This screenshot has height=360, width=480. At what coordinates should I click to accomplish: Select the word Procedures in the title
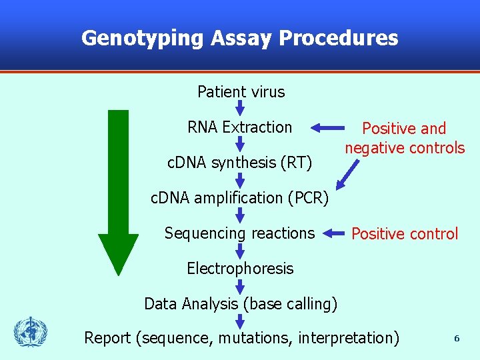(x=338, y=38)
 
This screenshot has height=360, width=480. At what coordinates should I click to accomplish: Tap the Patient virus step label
(x=241, y=92)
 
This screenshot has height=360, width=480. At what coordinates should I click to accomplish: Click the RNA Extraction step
(x=240, y=127)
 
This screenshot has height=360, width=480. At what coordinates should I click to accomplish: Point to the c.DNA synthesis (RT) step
(x=239, y=163)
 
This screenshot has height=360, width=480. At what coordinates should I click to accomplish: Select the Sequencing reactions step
(x=239, y=233)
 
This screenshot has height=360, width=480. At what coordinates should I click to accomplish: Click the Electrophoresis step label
(x=240, y=269)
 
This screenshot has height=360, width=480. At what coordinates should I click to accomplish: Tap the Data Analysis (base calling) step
(x=241, y=304)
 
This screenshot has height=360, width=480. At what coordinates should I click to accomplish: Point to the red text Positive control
(x=405, y=234)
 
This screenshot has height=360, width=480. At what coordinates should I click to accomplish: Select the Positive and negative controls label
(x=404, y=138)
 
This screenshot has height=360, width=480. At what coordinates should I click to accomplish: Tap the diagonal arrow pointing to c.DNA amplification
(x=347, y=175)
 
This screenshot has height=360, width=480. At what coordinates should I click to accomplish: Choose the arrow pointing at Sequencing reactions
(x=336, y=233)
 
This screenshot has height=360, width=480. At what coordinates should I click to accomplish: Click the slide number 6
(x=457, y=339)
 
